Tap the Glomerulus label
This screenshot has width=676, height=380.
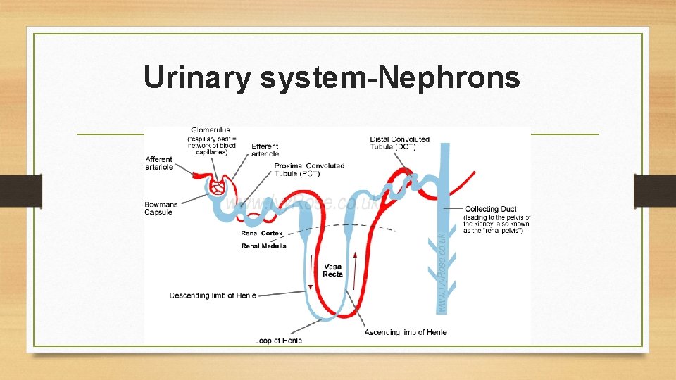210,130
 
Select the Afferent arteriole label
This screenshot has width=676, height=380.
159,163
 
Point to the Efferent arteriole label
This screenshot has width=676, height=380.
265,150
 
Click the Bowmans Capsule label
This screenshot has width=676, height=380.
161,208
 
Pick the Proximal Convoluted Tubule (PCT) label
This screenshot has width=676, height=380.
309,170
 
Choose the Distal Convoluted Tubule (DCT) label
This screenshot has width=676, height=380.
399,143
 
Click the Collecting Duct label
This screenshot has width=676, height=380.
491,209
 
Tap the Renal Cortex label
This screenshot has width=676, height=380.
262,233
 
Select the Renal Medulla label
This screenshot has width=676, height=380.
263,246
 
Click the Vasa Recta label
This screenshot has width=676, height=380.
332,270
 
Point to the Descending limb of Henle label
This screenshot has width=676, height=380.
213,296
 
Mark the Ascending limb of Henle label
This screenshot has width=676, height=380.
405,332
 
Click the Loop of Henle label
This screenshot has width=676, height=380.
278,341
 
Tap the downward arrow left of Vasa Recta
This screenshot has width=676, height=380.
311,275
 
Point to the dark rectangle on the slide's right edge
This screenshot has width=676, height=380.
655,191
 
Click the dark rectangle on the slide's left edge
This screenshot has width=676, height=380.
21,191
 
